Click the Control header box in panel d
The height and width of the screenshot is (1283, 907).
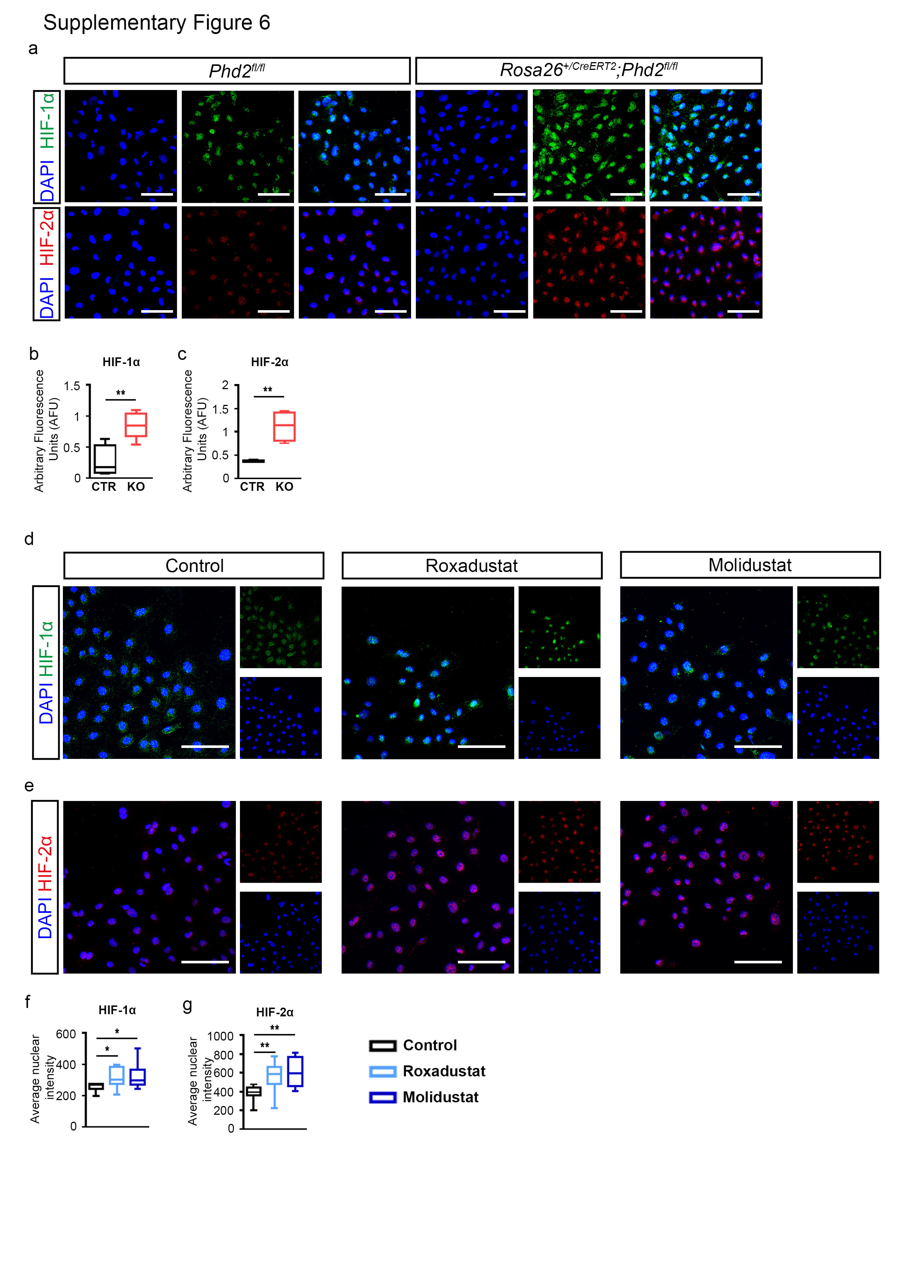pyautogui.click(x=194, y=565)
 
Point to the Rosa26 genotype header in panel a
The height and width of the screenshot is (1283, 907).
pyautogui.click(x=588, y=71)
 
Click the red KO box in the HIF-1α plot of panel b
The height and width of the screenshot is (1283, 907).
pyautogui.click(x=136, y=425)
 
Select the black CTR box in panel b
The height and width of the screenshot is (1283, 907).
pyautogui.click(x=105, y=459)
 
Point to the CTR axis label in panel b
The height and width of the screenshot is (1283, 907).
pyautogui.click(x=104, y=487)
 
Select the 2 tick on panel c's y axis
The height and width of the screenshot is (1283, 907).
pyautogui.click(x=225, y=385)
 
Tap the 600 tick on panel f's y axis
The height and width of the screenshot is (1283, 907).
pyautogui.click(x=66, y=1034)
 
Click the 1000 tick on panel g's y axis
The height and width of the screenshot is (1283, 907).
pyautogui.click(x=220, y=1036)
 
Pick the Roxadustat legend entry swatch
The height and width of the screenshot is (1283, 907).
pyautogui.click(x=383, y=1071)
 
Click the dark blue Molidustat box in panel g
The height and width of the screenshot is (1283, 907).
pyautogui.click(x=295, y=1071)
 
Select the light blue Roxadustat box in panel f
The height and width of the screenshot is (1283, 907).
pyautogui.click(x=116, y=1074)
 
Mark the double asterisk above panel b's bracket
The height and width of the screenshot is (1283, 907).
pyautogui.click(x=120, y=393)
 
